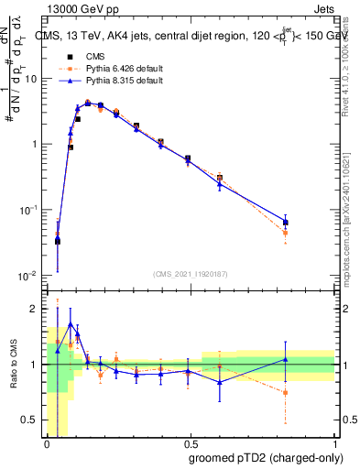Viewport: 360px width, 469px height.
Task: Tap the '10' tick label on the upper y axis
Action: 29,79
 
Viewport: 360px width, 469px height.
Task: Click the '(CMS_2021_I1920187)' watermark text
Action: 191,273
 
